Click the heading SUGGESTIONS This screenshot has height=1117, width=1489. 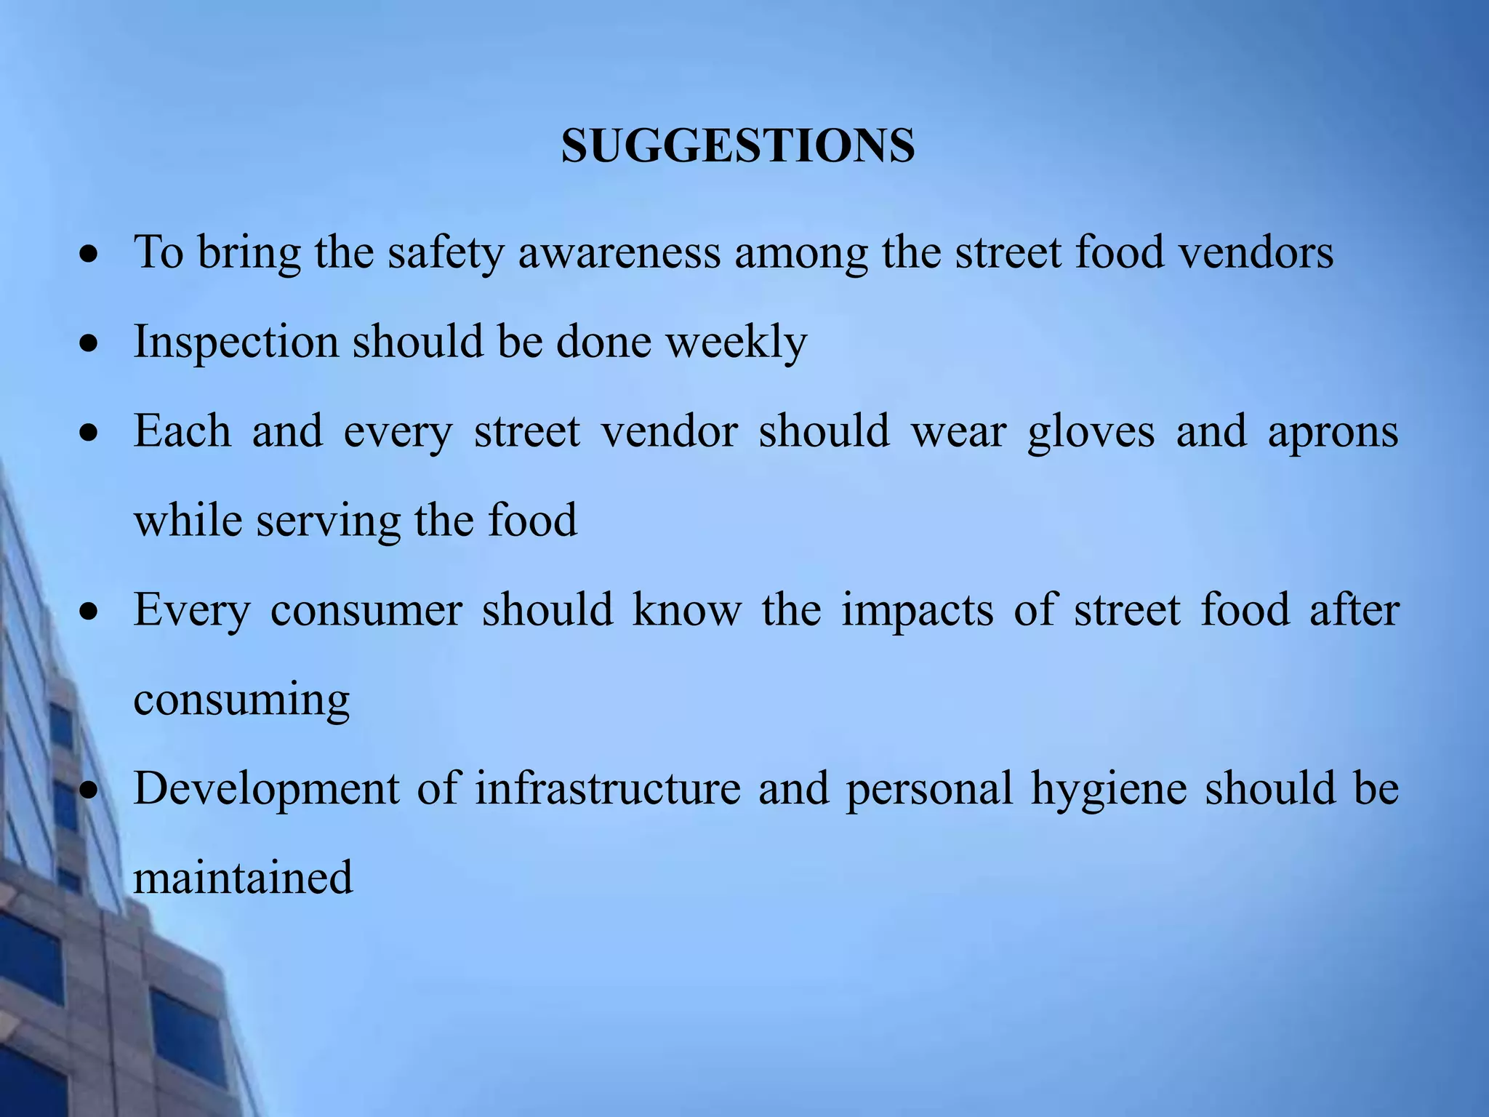point(738,145)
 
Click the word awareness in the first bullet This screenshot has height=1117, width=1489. point(619,252)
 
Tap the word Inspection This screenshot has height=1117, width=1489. point(236,342)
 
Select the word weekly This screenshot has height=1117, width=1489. point(737,342)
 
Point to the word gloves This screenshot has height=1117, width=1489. point(1091,431)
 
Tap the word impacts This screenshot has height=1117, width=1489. point(918,610)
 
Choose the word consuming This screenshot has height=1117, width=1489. point(241,700)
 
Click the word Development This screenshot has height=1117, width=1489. point(266,789)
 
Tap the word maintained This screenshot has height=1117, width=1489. point(243,877)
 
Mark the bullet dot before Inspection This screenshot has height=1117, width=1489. point(89,344)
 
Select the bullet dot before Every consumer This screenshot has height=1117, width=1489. point(89,612)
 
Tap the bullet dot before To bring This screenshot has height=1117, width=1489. point(89,255)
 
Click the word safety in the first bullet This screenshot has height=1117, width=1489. point(445,252)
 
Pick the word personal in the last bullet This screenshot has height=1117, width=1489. point(929,789)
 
